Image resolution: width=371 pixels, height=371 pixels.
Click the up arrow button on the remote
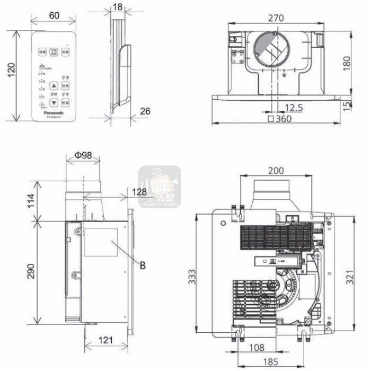click(54, 85)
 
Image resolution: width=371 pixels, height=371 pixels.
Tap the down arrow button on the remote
click(54, 102)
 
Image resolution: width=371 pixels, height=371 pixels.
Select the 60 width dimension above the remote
click(54, 15)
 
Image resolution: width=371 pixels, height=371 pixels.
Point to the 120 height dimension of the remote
click(11, 76)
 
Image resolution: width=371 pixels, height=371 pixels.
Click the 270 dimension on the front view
click(275, 18)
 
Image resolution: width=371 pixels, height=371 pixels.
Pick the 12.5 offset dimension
click(293, 108)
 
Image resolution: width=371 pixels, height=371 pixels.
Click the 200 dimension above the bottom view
click(276, 171)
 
